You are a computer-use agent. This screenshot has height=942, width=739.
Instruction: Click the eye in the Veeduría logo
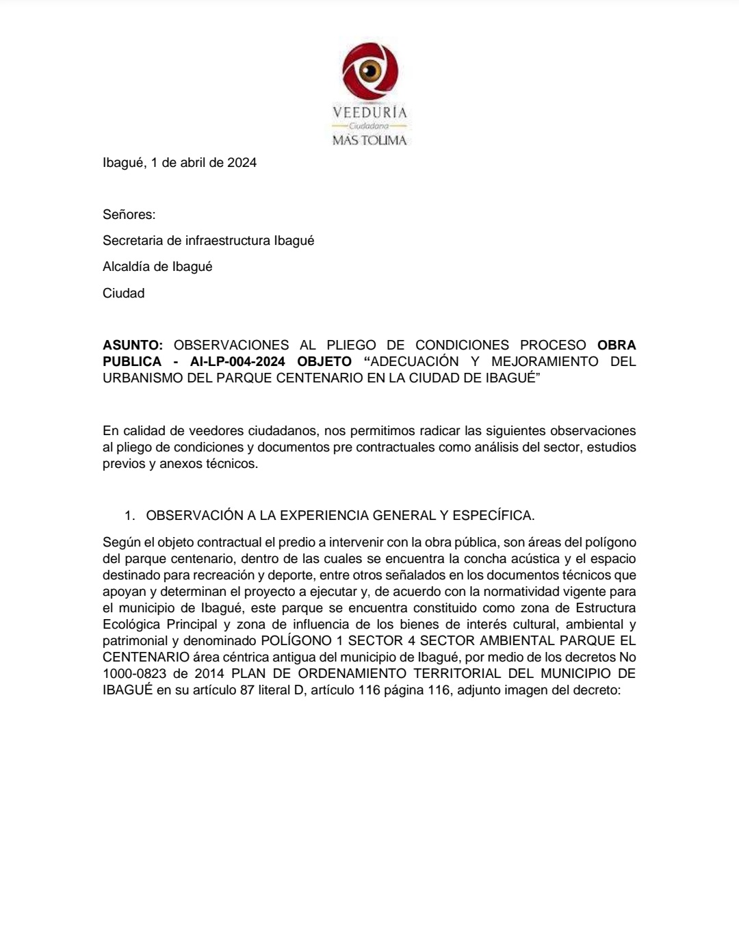[370, 70]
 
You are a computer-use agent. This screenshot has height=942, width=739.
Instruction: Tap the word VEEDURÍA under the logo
[369, 112]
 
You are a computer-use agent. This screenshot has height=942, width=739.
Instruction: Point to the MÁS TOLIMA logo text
[369, 140]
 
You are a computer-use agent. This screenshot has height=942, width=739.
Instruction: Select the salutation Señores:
[129, 215]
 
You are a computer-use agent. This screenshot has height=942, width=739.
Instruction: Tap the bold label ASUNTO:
[133, 345]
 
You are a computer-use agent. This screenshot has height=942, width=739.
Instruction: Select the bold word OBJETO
[324, 362]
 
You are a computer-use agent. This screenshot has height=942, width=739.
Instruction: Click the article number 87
[247, 690]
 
